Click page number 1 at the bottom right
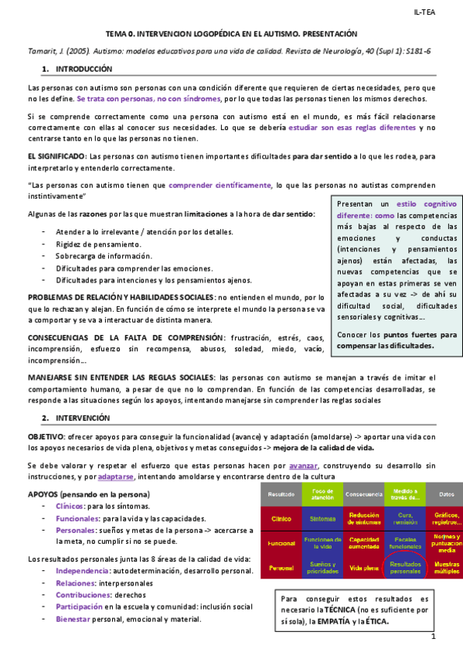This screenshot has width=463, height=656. [x=434, y=637]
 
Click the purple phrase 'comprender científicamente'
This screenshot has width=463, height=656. [x=220, y=185]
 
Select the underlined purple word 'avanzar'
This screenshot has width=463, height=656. [x=301, y=466]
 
